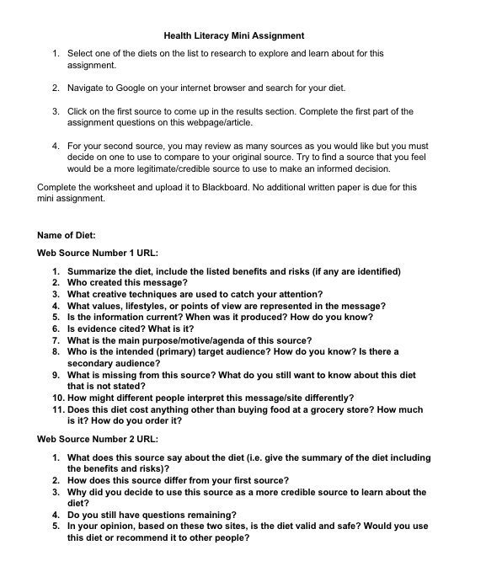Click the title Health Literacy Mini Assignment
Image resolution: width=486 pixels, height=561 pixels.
(234, 35)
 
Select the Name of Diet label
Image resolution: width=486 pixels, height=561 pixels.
(67, 235)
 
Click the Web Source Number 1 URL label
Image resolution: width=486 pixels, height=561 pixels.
(98, 253)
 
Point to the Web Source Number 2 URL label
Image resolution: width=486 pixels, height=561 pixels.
(98, 439)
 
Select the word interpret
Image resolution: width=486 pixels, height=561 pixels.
(210, 398)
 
